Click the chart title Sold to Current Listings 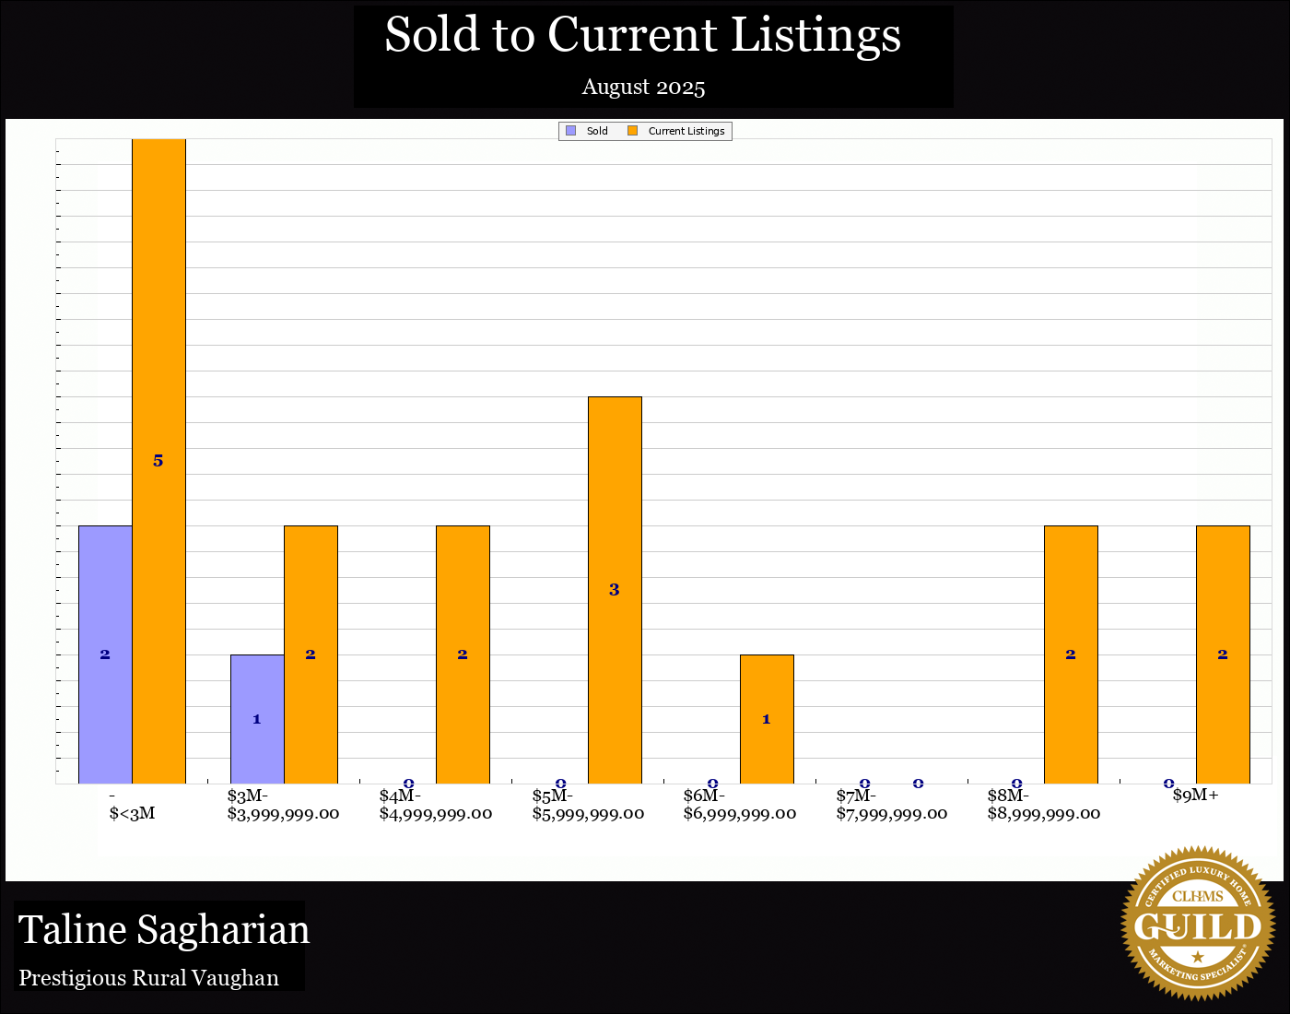[x=642, y=35]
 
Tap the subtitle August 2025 [x=643, y=88]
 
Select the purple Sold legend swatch [x=571, y=131]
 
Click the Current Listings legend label [x=686, y=131]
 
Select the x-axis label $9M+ [x=1195, y=796]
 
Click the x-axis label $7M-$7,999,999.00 [x=891, y=805]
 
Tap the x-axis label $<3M [x=132, y=813]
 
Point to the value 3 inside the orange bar [x=615, y=590]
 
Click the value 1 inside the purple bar [x=257, y=719]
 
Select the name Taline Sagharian [x=164, y=930]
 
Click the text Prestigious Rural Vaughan [x=149, y=978]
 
